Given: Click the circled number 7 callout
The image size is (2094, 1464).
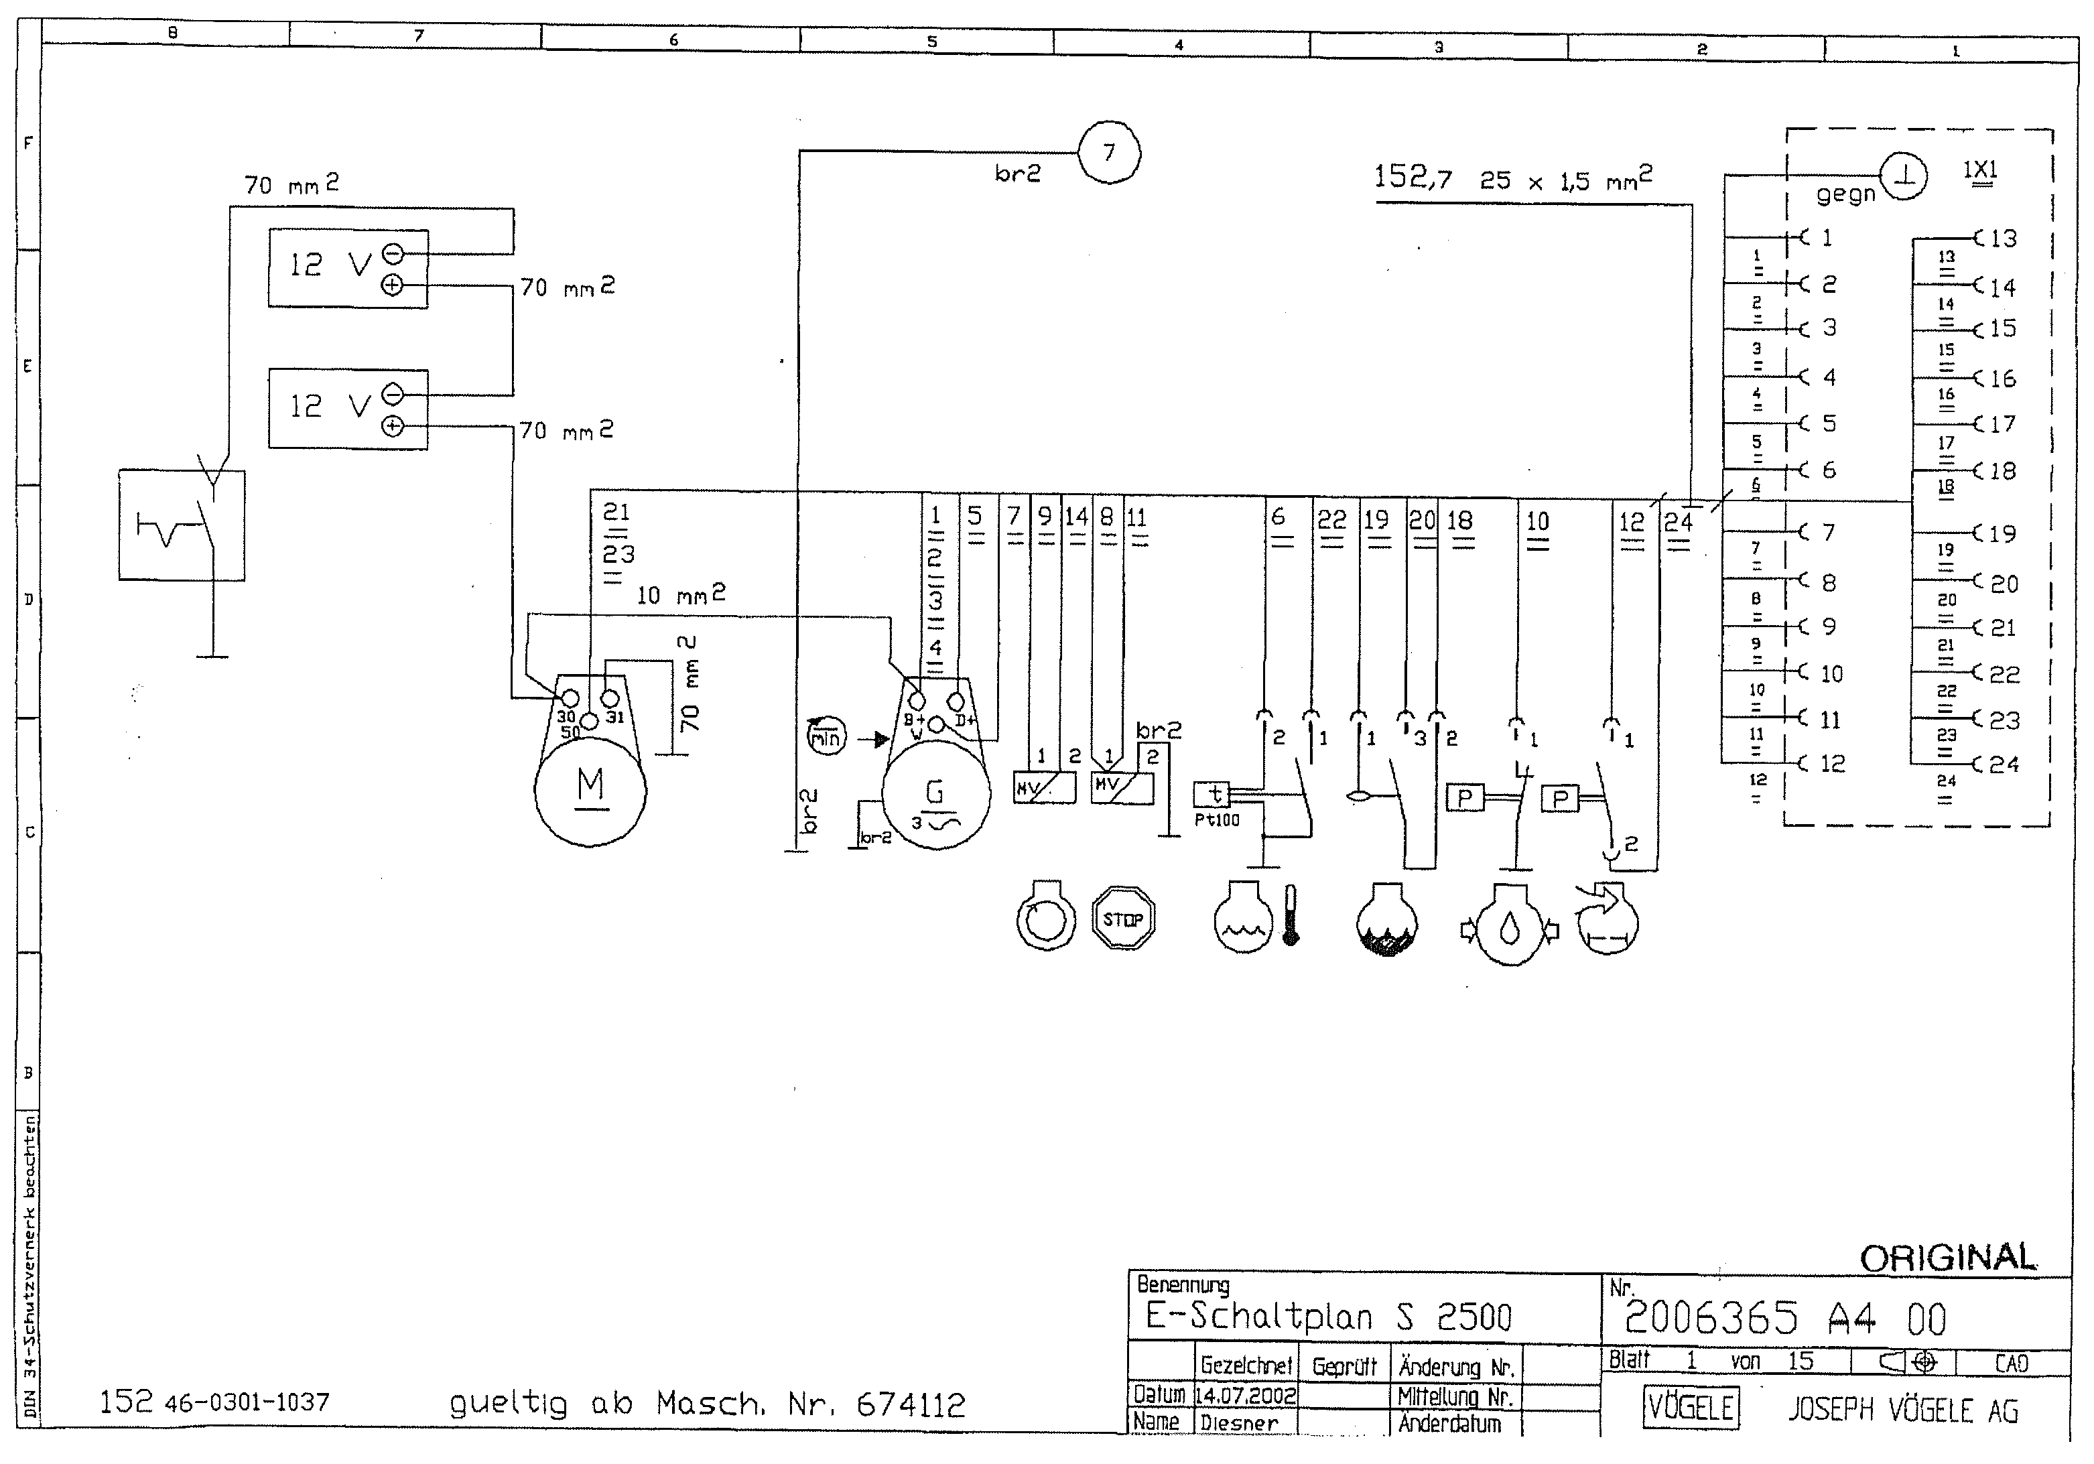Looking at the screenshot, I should (x=1109, y=152).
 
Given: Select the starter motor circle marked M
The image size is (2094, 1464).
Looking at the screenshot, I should (x=590, y=790).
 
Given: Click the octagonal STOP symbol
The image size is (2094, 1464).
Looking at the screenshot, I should (x=1122, y=919).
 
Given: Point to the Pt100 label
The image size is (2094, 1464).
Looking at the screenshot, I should (x=1217, y=820).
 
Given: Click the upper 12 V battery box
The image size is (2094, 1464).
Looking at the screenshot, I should (x=348, y=268).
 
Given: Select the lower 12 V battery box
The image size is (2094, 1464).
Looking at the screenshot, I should (x=348, y=408).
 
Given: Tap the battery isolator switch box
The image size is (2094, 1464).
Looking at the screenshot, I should (x=182, y=525).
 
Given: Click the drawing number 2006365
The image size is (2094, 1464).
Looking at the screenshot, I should (x=1710, y=1318).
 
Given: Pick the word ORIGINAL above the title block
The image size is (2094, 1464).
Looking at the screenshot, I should (x=1947, y=1259).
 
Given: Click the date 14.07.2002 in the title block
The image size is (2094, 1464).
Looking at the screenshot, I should (x=1245, y=1396).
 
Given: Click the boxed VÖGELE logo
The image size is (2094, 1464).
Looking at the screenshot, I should (x=1690, y=1408).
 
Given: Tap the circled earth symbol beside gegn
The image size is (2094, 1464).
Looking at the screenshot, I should (x=1904, y=177).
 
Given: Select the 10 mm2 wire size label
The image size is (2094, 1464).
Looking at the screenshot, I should (x=680, y=596).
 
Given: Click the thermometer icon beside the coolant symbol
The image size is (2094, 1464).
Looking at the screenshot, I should (x=1291, y=915).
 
